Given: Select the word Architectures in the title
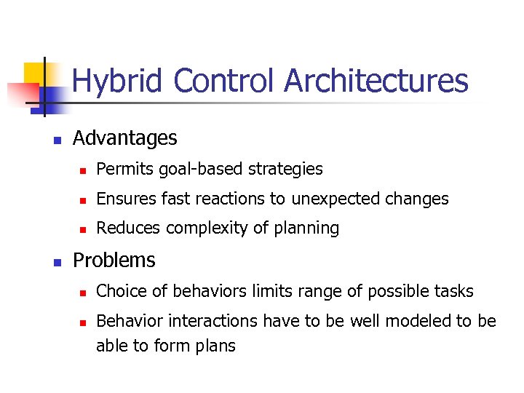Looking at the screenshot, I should click(376, 82).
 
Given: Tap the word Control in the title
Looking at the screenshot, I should click(227, 82).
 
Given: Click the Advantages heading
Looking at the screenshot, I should click(124, 138).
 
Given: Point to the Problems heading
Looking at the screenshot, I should click(114, 260).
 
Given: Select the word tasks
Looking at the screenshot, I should click(453, 291).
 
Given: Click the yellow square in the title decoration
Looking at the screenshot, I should click(36, 74).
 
